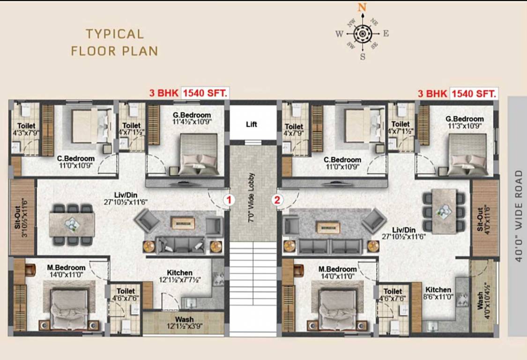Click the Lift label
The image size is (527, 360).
[x=252, y=125]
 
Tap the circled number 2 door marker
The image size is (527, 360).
[x=278, y=200]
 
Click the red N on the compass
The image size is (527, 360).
[x=362, y=7]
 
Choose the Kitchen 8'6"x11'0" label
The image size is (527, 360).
[x=439, y=293]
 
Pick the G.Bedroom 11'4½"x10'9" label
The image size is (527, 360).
[x=192, y=118]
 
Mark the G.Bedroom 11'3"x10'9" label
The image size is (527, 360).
[x=464, y=122]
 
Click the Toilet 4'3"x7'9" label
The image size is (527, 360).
[x=26, y=129]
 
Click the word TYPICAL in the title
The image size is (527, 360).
[x=114, y=34]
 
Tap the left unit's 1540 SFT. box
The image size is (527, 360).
[x=205, y=93]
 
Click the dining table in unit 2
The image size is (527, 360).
[x=444, y=211]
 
